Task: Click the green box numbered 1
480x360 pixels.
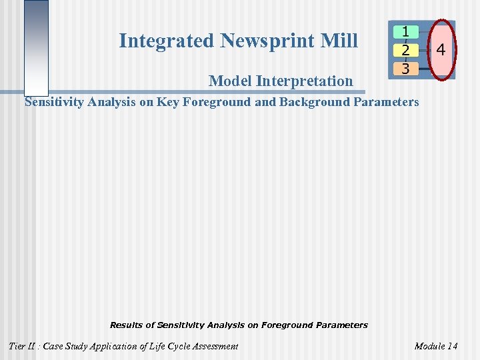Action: point(405,32)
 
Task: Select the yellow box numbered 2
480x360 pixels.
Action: point(405,50)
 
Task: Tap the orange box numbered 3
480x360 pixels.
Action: point(405,68)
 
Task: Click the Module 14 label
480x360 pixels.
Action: point(436,346)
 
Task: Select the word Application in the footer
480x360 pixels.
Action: point(121,346)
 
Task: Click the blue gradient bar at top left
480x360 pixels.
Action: point(36,47)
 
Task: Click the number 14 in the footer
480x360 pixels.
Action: point(452,346)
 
